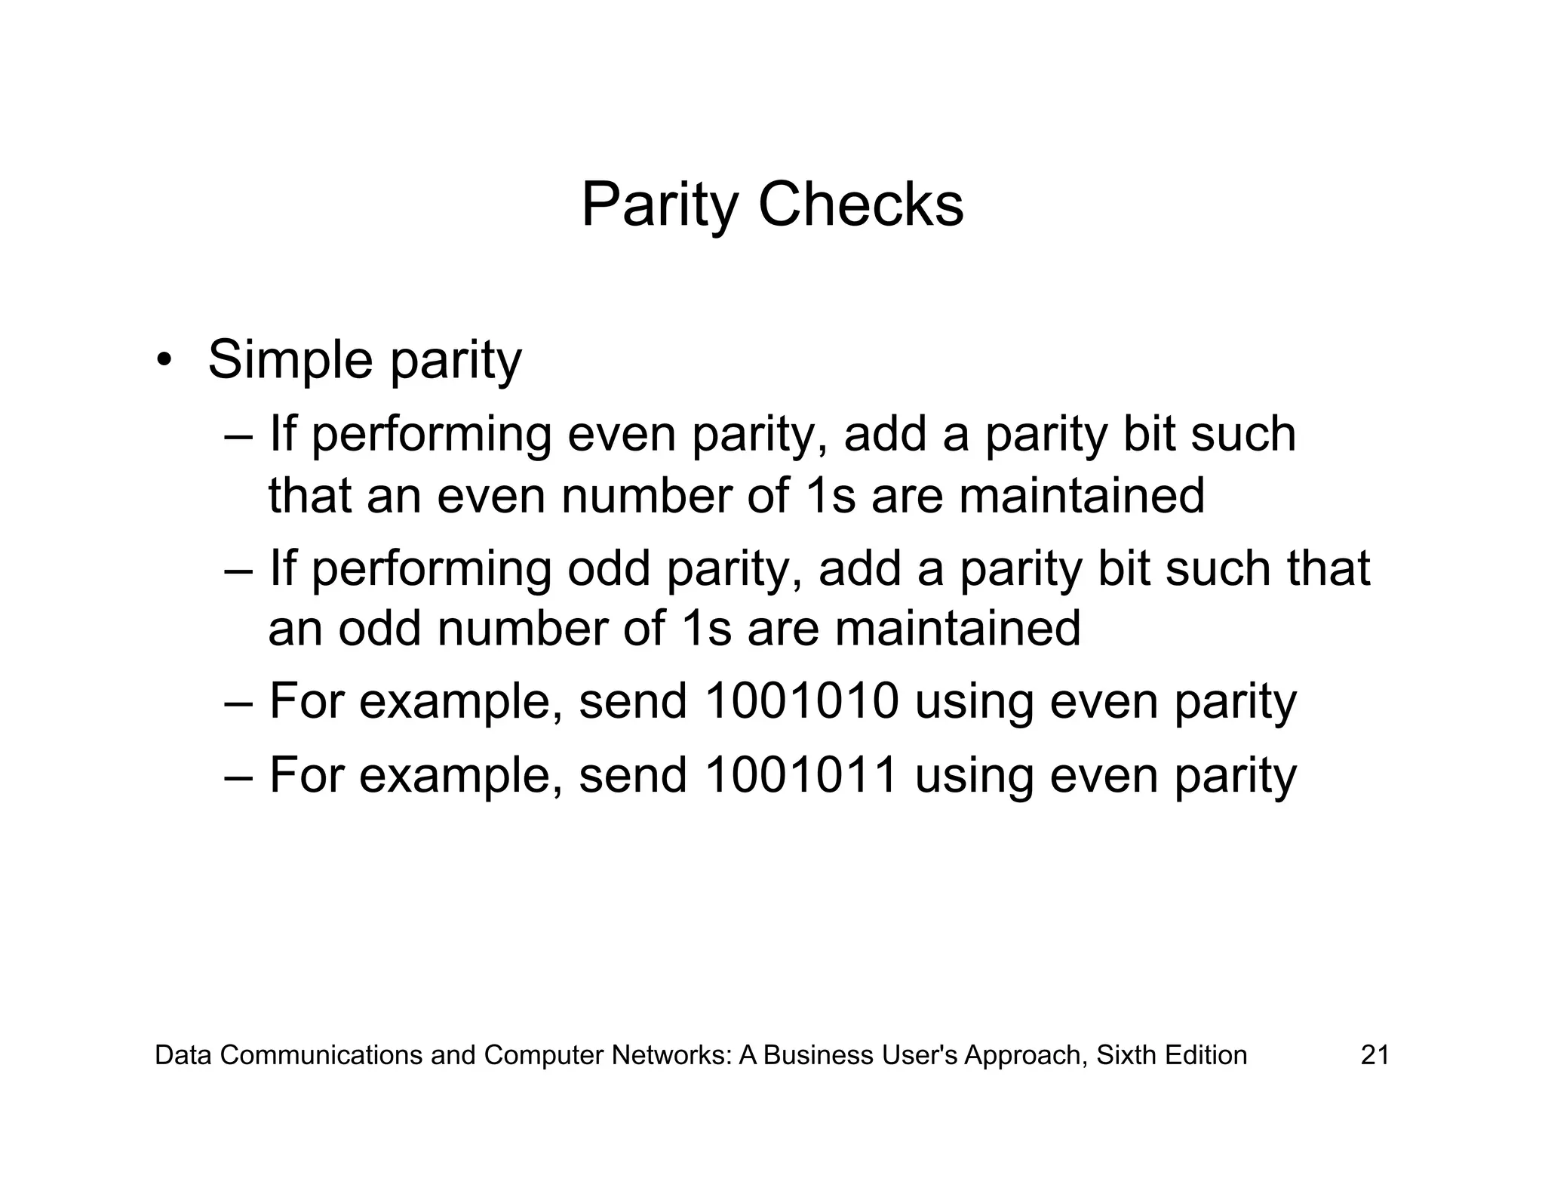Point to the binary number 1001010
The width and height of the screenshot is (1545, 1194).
801,700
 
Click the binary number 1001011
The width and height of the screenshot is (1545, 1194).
801,774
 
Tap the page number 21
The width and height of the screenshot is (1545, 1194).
1375,1054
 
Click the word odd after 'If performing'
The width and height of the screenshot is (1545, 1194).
609,568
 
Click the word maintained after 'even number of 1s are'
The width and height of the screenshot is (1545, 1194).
1082,496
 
